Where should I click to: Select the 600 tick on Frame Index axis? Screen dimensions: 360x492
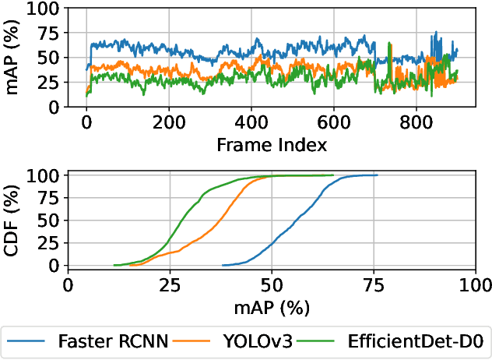[334, 123]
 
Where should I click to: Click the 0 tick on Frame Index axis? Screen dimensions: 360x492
[86, 123]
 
